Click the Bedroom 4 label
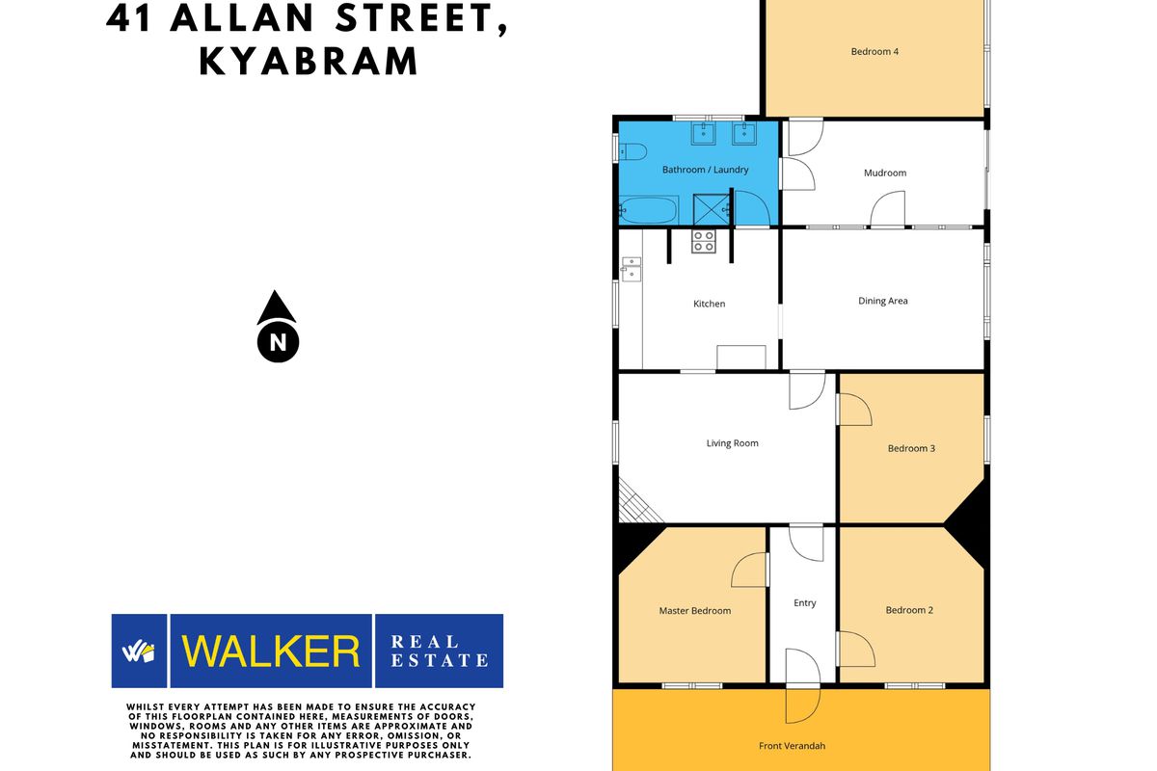[x=874, y=52]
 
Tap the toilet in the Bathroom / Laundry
[x=632, y=152]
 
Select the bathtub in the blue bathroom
[x=649, y=210]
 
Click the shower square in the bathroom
[x=711, y=209]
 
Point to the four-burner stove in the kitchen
[x=704, y=242]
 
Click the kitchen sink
[x=631, y=269]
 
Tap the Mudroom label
[x=885, y=173]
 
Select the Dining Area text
[x=883, y=301]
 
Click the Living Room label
[x=732, y=443]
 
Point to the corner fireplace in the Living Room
[x=635, y=505]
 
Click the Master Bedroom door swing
[x=750, y=571]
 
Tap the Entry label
[x=805, y=602]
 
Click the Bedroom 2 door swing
[x=856, y=650]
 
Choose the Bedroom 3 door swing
[x=854, y=410]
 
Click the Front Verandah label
[x=792, y=746]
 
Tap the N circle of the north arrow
[x=278, y=342]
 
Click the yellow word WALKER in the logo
[x=271, y=651]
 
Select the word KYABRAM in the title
[x=309, y=62]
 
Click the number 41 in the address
[x=128, y=18]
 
